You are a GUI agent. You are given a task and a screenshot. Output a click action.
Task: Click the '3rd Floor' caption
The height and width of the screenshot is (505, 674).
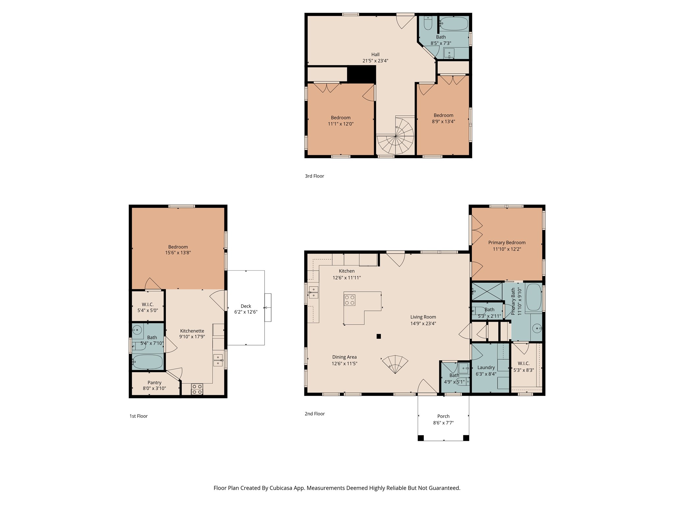[314, 176]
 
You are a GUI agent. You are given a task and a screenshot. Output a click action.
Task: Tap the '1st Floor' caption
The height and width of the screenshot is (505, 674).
[139, 416]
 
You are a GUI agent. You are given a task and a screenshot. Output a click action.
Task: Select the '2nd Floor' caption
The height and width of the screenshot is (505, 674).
[315, 414]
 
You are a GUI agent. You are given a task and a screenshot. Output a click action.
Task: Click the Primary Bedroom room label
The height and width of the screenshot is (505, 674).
[507, 243]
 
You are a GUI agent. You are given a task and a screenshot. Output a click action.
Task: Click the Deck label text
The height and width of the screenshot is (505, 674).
[246, 306]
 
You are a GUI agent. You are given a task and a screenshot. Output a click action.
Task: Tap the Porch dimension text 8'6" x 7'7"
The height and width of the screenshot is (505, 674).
[443, 423]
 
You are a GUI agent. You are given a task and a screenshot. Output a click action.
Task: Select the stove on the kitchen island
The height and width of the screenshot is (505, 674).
[350, 300]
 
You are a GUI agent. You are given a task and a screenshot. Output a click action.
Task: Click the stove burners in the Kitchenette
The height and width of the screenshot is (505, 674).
[197, 389]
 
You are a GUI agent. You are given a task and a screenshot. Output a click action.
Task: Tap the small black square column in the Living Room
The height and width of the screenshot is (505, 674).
[379, 336]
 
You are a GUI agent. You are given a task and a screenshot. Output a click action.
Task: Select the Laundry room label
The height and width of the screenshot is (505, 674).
[486, 368]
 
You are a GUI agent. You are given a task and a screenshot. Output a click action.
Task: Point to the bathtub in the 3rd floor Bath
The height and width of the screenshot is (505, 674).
[454, 24]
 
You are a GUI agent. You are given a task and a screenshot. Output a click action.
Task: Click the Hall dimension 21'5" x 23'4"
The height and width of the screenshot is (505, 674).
[375, 61]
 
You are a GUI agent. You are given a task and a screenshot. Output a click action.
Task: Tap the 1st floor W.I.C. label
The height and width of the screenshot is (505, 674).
[148, 304]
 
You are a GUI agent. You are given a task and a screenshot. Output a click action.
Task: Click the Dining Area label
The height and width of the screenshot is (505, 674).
[344, 357]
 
